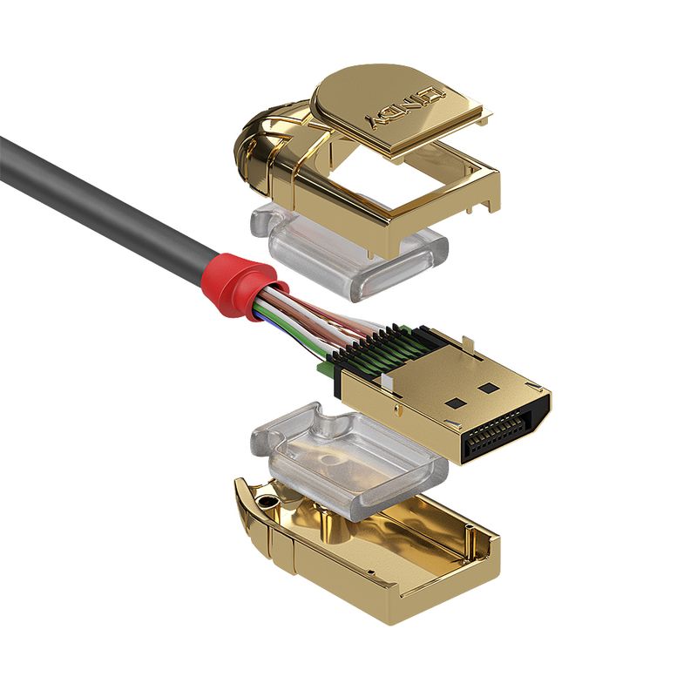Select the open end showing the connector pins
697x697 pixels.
pos(500,433)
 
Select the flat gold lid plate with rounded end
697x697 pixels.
pos(392,105)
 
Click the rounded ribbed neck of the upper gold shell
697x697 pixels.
pos(257,144)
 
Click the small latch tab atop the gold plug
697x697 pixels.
pos(449,344)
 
